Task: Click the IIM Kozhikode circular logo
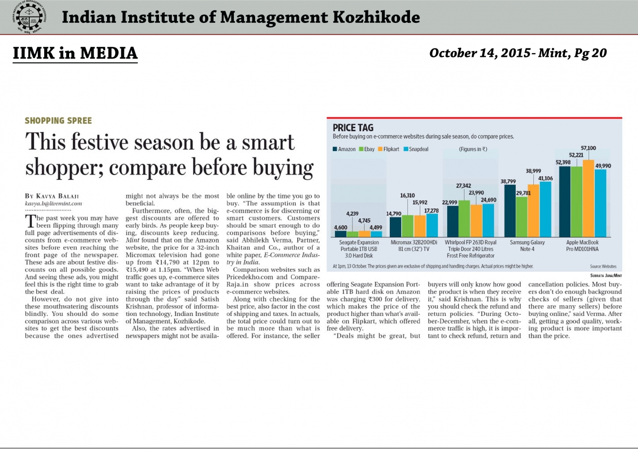(30, 17)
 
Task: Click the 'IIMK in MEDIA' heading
(75, 53)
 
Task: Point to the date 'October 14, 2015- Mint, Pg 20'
(518, 53)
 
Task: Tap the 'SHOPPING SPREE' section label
(58, 121)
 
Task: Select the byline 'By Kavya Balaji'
(52, 196)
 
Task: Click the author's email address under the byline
(54, 203)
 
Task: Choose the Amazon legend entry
(344, 149)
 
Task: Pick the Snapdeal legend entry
(416, 149)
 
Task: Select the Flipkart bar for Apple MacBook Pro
(589, 198)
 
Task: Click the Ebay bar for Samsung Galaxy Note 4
(522, 217)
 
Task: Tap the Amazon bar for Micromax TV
(396, 227)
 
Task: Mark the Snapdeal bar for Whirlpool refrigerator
(489, 220)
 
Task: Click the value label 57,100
(589, 148)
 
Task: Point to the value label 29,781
(524, 193)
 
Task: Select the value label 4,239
(352, 214)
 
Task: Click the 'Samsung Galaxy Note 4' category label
(527, 246)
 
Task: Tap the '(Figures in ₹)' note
(473, 149)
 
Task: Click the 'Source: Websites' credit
(603, 266)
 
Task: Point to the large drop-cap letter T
(30, 221)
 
